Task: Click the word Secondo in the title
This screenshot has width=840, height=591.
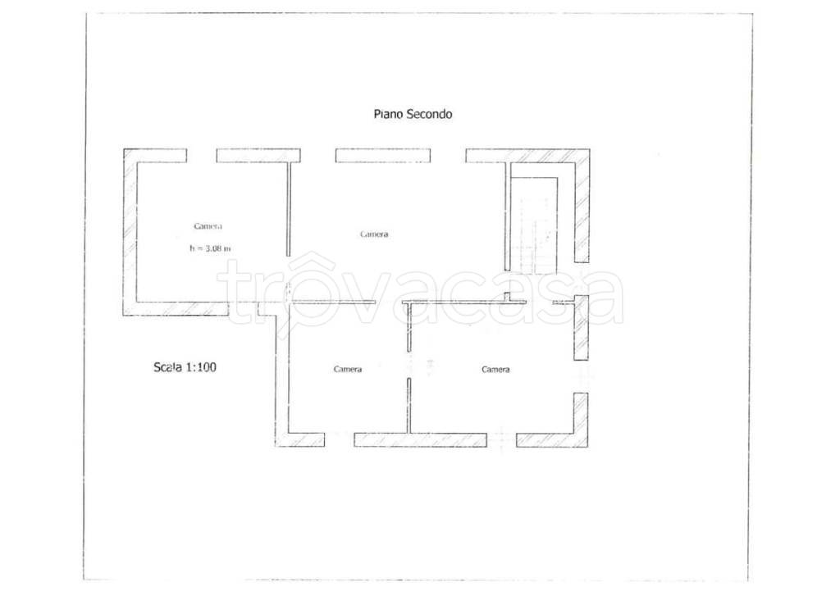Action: click(430, 114)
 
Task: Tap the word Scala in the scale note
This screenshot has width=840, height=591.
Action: click(168, 367)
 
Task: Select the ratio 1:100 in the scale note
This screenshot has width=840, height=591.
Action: click(201, 367)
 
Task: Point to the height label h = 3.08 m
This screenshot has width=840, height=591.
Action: click(210, 248)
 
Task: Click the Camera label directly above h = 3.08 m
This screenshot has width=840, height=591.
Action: click(208, 226)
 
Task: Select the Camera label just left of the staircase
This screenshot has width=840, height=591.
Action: click(374, 234)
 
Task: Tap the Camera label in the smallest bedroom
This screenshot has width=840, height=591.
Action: click(348, 369)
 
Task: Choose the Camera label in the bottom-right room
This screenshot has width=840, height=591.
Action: click(495, 369)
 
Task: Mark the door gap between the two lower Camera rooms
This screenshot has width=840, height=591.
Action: click(409, 365)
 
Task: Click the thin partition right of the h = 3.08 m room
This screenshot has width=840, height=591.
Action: click(288, 209)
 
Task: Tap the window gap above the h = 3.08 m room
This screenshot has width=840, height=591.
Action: click(202, 155)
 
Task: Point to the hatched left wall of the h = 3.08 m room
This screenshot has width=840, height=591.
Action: click(130, 232)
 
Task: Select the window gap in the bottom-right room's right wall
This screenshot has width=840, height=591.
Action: click(582, 377)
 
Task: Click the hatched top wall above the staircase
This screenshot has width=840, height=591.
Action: click(527, 155)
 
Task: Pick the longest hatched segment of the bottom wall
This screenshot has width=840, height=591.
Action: click(421, 440)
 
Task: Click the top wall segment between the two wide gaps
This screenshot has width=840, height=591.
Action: click(383, 155)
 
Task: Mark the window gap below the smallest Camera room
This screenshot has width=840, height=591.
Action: click(339, 440)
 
